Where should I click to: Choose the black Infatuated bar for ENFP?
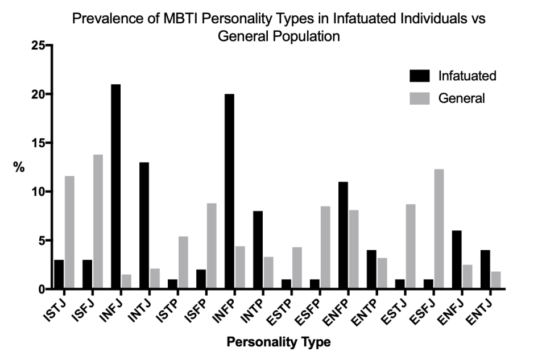(343, 235)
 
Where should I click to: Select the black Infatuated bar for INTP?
(258, 250)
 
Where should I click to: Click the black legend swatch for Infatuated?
(420, 76)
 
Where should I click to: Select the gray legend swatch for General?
(420, 98)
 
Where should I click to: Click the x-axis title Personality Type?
(279, 342)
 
